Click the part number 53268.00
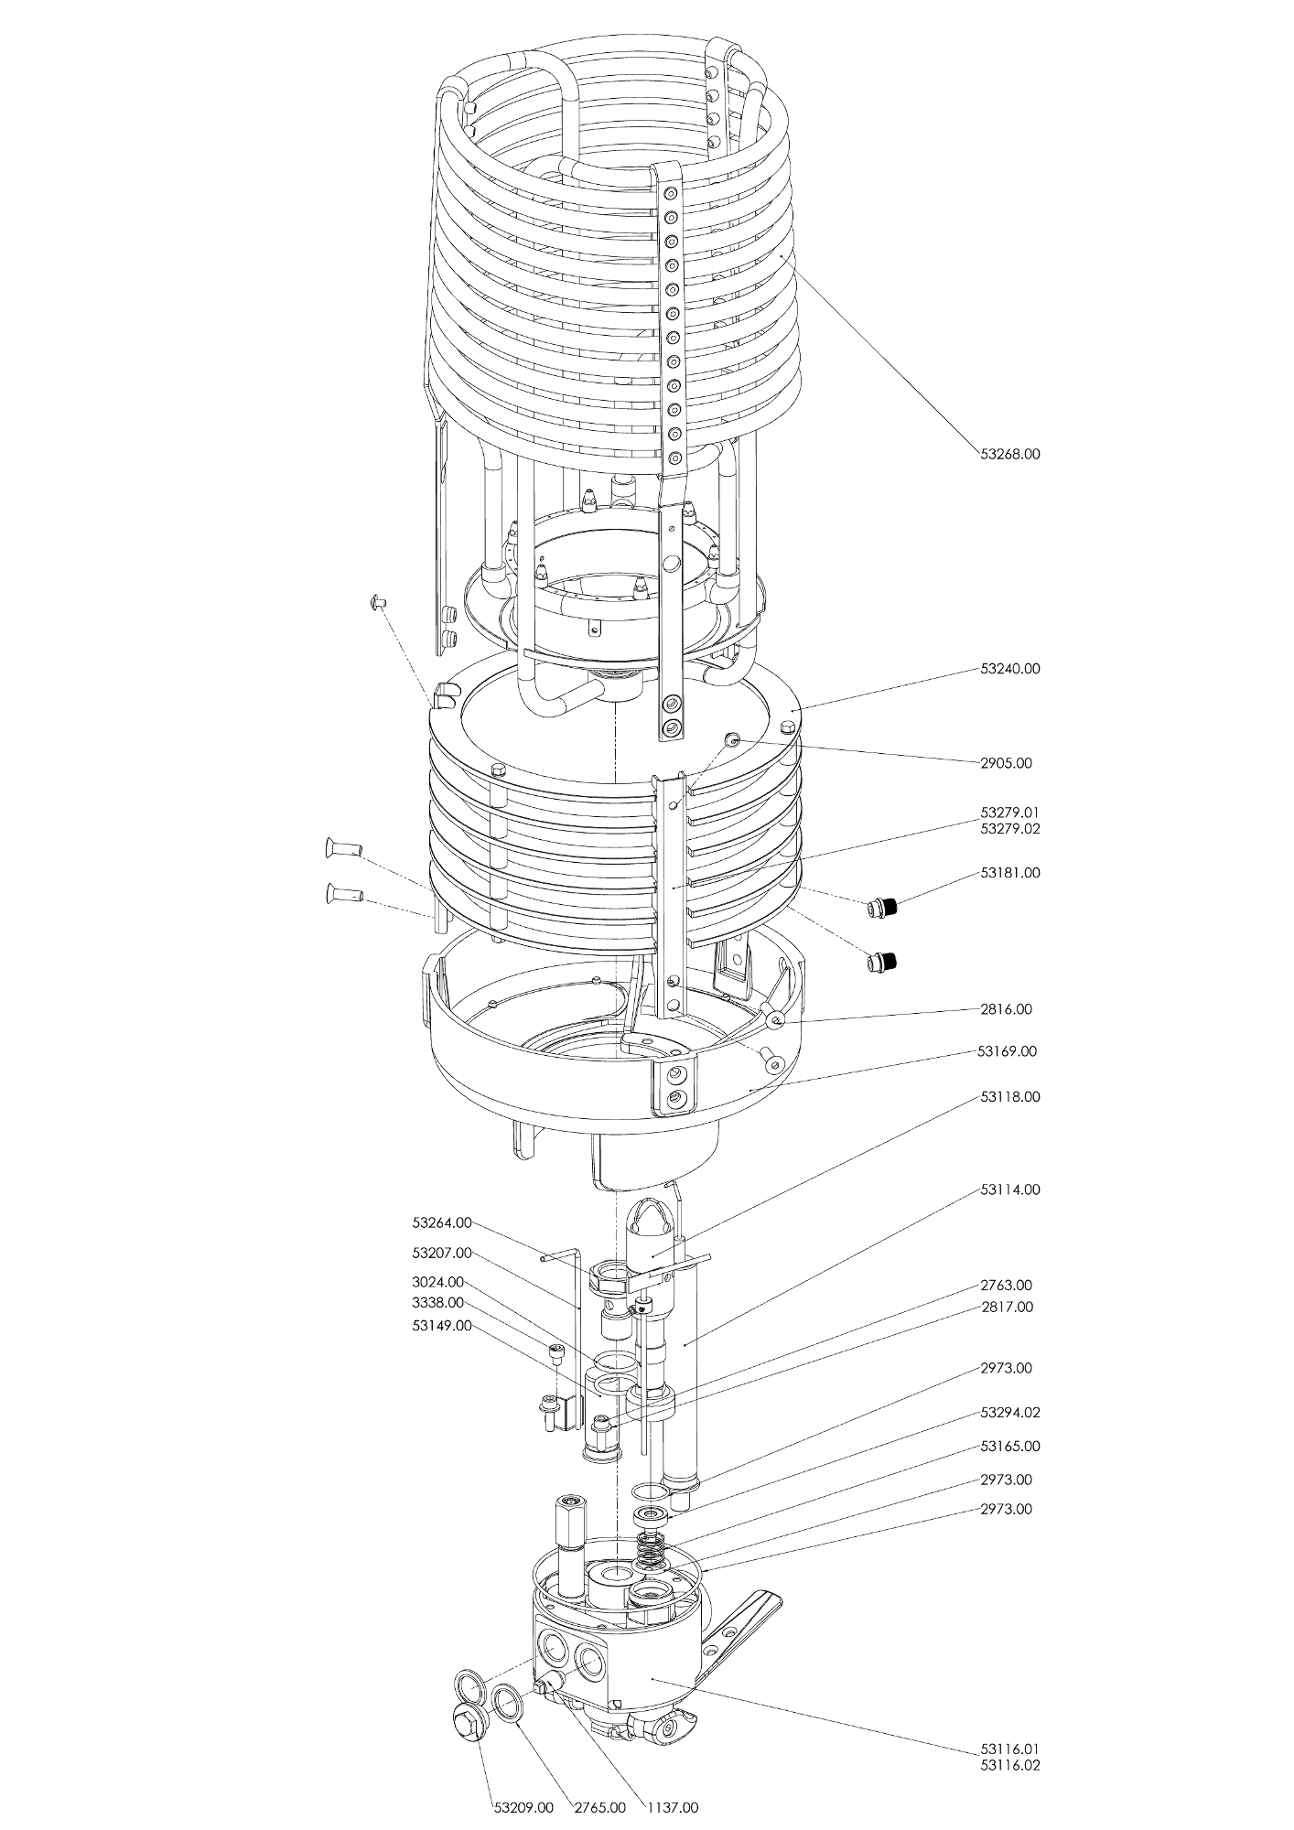[1009, 454]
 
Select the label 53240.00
[1009, 669]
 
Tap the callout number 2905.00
[1006, 763]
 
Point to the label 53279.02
[1009, 829]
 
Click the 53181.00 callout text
[1009, 873]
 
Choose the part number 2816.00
[1006, 1009]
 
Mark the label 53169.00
[1007, 1051]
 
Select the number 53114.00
[1009, 1190]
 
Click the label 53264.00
[442, 1222]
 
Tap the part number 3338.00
[437, 1302]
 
